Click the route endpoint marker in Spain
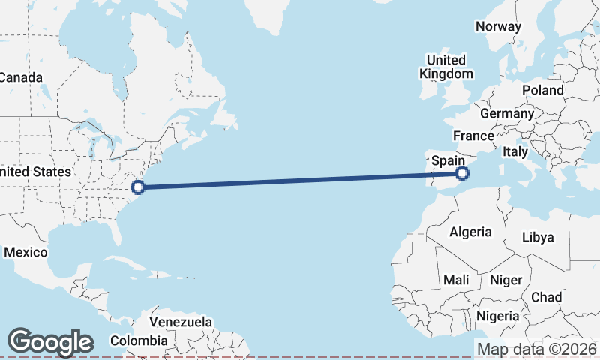click(462, 174)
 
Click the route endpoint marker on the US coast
click(137, 187)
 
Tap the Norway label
click(498, 26)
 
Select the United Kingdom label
click(445, 67)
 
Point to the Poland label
click(543, 90)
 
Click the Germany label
click(506, 114)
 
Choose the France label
click(473, 136)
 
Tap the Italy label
click(515, 151)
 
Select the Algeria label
click(470, 232)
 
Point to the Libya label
click(538, 237)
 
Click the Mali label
click(457, 280)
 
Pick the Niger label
click(505, 280)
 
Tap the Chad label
click(546, 297)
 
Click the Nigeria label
click(497, 316)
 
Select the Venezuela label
click(181, 322)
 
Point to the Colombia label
click(139, 340)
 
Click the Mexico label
click(25, 252)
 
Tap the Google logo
click(50, 342)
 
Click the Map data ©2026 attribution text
click(537, 349)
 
